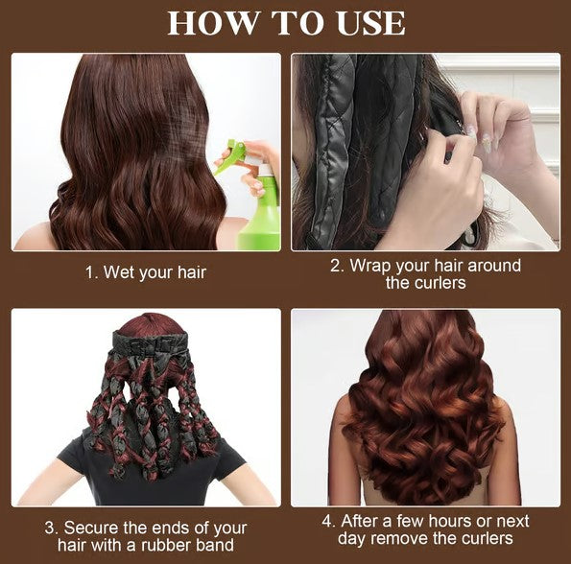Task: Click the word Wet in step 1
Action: (116, 272)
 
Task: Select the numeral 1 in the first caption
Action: (89, 272)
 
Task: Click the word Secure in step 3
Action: (91, 528)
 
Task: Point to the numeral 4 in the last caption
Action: (327, 522)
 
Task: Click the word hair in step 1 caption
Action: (192, 272)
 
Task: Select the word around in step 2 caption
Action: (494, 266)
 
